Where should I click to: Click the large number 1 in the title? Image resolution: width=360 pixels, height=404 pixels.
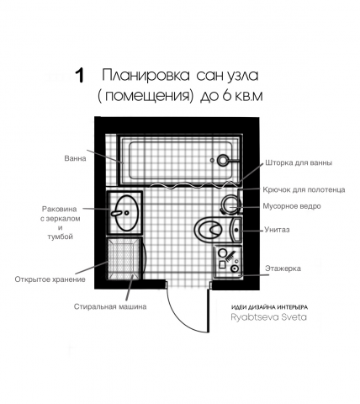(80, 75)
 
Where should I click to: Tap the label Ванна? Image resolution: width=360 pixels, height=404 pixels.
(75, 158)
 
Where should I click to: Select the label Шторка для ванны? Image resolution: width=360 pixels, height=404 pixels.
(299, 162)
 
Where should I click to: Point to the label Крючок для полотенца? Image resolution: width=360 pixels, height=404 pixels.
(304, 190)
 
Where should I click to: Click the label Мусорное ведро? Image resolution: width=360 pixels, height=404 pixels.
(292, 206)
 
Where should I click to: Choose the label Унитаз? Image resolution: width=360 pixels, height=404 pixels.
(277, 230)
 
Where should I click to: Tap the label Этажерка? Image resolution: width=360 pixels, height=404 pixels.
(283, 268)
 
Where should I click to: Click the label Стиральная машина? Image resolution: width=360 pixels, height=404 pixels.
(110, 306)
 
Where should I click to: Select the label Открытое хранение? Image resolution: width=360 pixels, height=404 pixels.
(50, 279)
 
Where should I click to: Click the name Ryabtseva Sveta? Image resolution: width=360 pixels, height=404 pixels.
(268, 317)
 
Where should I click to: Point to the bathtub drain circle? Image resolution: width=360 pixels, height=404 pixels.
(223, 160)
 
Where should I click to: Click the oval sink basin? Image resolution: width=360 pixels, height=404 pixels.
(127, 213)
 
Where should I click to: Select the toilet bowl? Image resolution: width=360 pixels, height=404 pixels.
(209, 229)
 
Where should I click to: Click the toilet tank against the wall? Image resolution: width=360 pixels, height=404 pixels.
(236, 229)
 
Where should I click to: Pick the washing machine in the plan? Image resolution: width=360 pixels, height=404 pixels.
(124, 259)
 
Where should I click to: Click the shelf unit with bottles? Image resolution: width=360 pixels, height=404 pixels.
(228, 262)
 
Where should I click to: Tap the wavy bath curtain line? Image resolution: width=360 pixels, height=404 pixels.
(193, 185)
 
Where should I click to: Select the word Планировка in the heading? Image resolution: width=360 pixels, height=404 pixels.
(146, 75)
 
